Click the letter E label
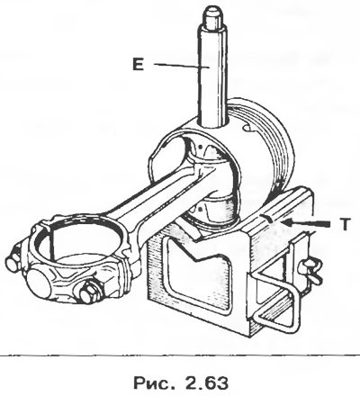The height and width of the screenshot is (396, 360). (x=138, y=64)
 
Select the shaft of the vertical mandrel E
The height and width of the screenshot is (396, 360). (x=212, y=75)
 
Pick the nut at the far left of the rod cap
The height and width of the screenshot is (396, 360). (x=13, y=261)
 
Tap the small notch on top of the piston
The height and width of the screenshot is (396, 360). (x=249, y=128)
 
